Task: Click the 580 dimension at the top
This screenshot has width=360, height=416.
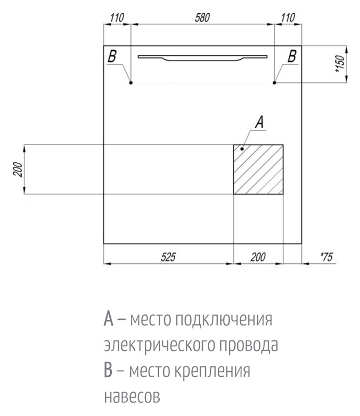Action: pos(202,18)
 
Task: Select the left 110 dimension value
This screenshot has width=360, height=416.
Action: pos(117,18)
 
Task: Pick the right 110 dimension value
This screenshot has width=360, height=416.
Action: pos(288,18)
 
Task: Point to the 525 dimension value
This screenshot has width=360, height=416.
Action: pos(168,258)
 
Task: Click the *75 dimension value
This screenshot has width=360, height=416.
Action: pos(325,258)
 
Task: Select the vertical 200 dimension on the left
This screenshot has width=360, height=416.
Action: pos(17,170)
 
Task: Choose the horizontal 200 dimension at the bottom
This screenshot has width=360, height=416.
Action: pos(258,258)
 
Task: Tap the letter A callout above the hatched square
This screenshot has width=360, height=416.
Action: pos(259,122)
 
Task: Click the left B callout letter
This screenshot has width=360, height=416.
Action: pos(112,56)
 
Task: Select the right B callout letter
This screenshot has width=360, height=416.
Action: pos(292,56)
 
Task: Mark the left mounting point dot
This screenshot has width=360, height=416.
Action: pos(131,82)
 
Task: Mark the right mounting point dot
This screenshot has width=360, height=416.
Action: pos(274,82)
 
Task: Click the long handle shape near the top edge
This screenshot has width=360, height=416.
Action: pos(202,57)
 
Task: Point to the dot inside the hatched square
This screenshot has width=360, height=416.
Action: pos(242,149)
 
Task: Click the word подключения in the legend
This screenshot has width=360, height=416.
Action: pos(224,321)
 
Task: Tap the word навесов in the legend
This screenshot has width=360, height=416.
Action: pos(130,396)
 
